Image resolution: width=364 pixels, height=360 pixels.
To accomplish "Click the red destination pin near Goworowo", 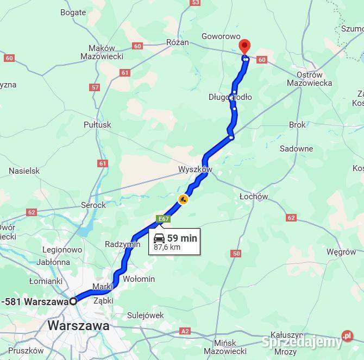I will tap(244, 47).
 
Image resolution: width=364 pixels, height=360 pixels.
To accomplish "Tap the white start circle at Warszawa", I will tap(73, 301).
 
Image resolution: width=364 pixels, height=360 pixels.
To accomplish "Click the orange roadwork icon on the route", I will tap(183, 199).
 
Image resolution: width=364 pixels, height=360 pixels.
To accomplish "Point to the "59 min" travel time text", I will tap(182, 238).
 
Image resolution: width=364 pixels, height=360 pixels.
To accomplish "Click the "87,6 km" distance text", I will tap(167, 248).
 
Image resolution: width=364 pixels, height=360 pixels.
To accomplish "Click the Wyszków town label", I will tap(195, 169).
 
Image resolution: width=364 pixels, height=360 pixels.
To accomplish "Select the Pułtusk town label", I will tap(97, 124).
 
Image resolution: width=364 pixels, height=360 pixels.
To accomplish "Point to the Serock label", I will tap(93, 205).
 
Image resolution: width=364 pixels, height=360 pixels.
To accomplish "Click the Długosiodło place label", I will tap(230, 97).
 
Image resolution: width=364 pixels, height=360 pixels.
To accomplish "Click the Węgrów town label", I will tap(342, 252).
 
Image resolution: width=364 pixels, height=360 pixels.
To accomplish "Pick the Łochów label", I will tap(254, 197).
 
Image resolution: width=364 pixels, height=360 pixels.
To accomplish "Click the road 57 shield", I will tap(96, 87).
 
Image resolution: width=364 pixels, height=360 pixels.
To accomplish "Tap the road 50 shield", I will tap(236, 253).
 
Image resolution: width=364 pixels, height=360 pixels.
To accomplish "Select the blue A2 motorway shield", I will tap(185, 331).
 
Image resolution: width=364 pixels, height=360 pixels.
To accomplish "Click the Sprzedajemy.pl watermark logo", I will tap(307, 340).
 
